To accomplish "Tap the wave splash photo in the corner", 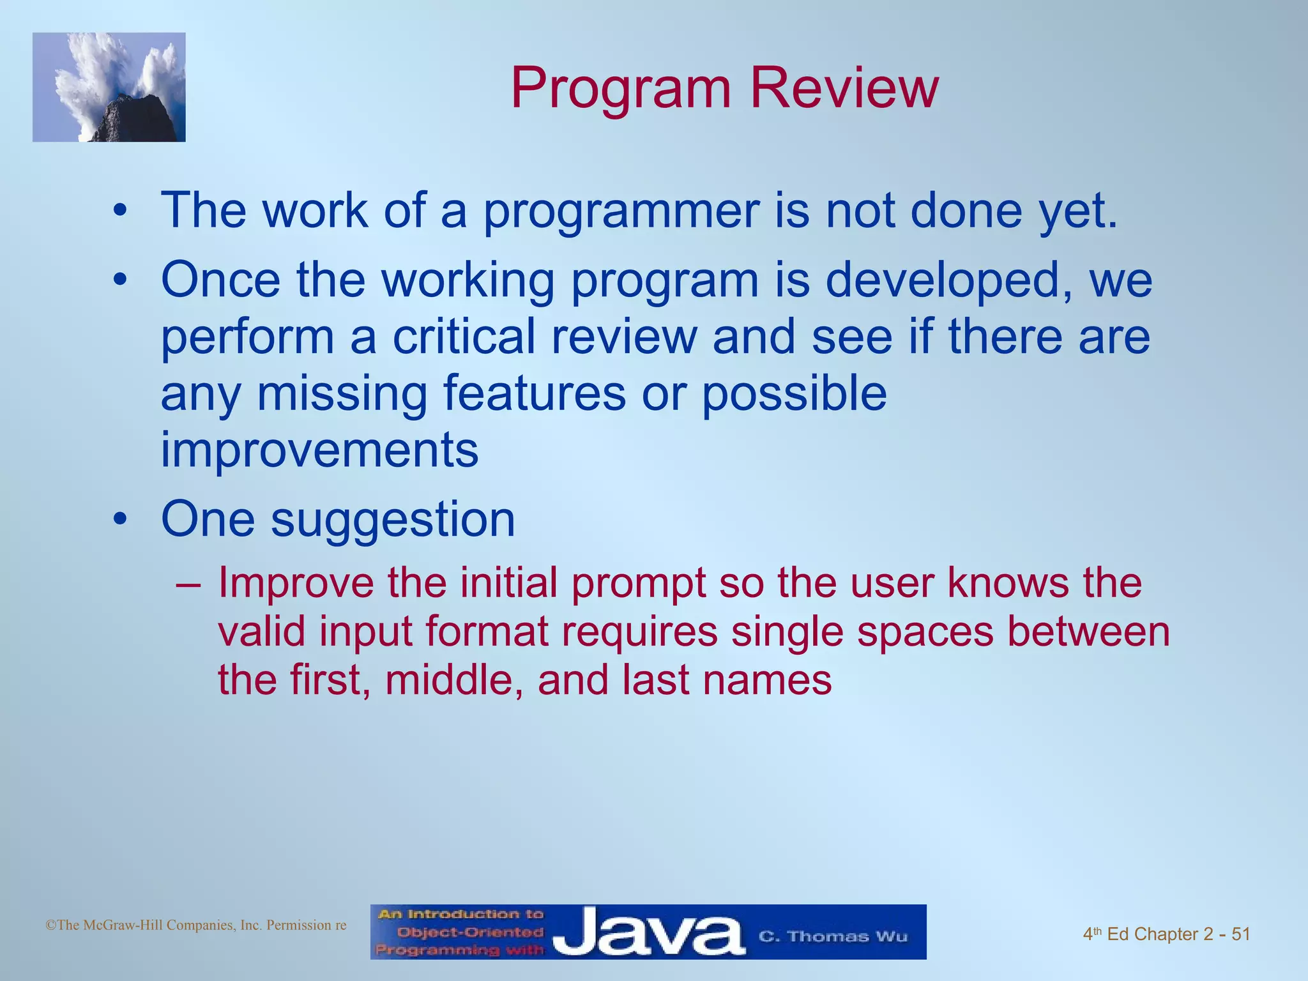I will pyautogui.click(x=109, y=87).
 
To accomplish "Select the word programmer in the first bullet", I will pyautogui.click(x=621, y=211).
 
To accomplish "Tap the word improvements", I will pyautogui.click(x=319, y=450).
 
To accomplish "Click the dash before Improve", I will pyautogui.click(x=188, y=584).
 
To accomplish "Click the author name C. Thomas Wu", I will pyautogui.click(x=832, y=936).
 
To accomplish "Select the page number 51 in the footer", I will pyautogui.click(x=1240, y=934).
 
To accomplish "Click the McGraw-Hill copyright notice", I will pyautogui.click(x=196, y=925).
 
